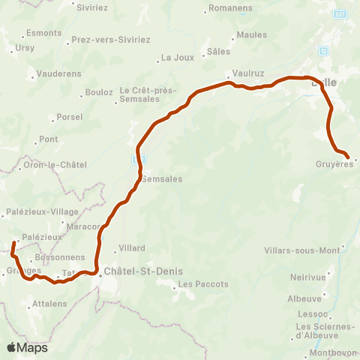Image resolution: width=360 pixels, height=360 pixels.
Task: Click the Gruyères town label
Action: pos(335,164)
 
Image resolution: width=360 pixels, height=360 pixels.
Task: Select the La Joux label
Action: pos(178,57)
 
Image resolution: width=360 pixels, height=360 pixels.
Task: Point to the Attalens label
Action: pos(50,304)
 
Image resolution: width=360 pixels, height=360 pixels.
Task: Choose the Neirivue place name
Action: pos(307,277)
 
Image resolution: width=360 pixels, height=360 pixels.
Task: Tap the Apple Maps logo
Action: pos(26,347)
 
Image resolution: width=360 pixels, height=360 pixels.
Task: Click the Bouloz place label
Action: pos(99,92)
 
